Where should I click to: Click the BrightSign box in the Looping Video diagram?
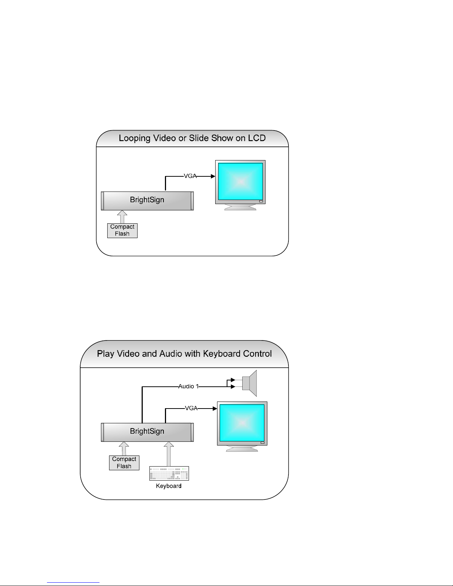[147, 201]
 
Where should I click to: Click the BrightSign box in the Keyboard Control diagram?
[147, 432]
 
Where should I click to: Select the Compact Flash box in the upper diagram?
[122, 231]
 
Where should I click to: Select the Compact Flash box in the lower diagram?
[124, 463]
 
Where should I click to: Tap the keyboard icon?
[169, 473]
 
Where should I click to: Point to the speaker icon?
[249, 383]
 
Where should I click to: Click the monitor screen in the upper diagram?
[240, 182]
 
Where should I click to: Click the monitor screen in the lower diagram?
[242, 423]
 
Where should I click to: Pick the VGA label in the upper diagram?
[190, 176]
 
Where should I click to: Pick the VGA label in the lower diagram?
[191, 408]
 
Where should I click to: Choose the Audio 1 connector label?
[188, 386]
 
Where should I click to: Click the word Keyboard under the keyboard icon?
[169, 486]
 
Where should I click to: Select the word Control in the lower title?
[257, 353]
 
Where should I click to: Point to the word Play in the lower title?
[105, 354]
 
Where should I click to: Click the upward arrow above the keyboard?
[169, 454]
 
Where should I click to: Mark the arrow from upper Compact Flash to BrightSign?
[122, 217]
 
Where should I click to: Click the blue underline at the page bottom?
[73, 582]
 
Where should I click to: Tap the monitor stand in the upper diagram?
[240, 207]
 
